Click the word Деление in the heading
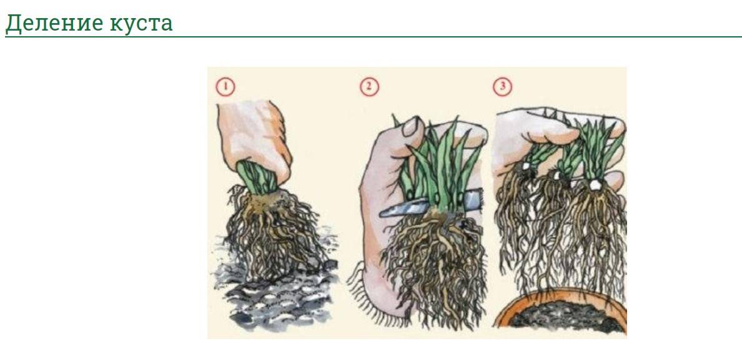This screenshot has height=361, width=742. click(x=54, y=22)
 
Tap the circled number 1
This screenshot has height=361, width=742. click(x=225, y=87)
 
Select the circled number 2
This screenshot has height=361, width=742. click(x=369, y=87)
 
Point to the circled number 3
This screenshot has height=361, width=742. click(x=502, y=87)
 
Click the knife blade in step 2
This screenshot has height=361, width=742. click(x=405, y=207)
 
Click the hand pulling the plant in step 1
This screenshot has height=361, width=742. click(x=255, y=139)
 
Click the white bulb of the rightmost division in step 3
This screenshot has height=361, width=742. click(x=595, y=184)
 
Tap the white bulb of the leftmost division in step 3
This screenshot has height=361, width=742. click(x=527, y=167)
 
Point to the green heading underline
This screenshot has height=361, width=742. click(x=373, y=36)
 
